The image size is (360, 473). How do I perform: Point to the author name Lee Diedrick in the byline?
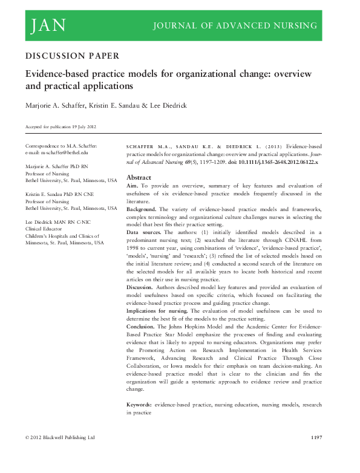click(x=169, y=105)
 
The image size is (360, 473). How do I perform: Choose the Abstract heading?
click(x=138, y=178)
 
